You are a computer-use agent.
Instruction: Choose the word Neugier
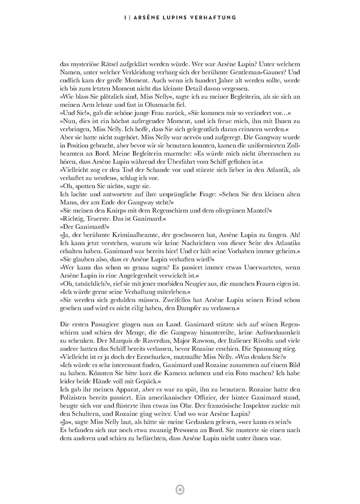(195, 283)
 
